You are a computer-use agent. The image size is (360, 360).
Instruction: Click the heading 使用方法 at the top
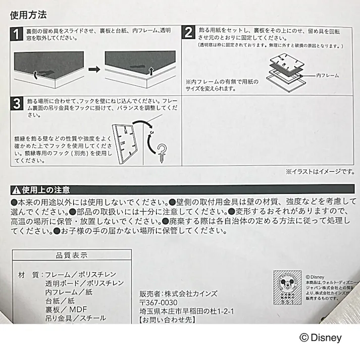click(28, 15)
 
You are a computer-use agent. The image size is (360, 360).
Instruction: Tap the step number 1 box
click(16, 34)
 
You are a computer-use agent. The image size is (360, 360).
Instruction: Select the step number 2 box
click(188, 33)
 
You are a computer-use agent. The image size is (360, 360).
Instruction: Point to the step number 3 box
click(16, 104)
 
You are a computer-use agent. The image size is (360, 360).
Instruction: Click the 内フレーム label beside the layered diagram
click(327, 75)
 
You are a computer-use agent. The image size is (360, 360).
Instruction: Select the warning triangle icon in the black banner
click(16, 190)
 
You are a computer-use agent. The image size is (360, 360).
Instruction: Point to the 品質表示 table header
click(72, 255)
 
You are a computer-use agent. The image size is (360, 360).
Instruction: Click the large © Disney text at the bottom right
click(320, 338)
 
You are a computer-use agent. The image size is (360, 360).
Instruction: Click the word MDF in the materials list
click(79, 310)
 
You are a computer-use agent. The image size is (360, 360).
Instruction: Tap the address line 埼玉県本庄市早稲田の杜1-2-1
click(186, 311)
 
